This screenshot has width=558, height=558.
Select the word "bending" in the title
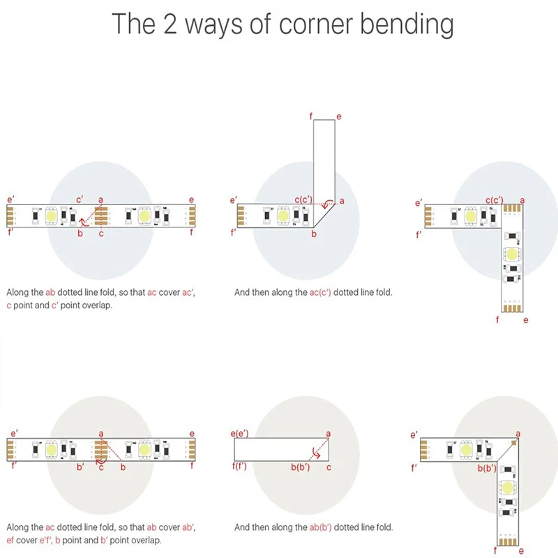(x=407, y=25)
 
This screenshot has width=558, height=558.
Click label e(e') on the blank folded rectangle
(x=239, y=434)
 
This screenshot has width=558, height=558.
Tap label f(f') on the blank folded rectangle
(x=239, y=466)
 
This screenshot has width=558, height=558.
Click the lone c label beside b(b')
(x=329, y=466)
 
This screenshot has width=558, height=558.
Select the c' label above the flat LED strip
(x=80, y=200)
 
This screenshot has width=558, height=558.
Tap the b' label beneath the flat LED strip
(x=81, y=467)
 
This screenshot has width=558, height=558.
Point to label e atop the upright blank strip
(x=338, y=116)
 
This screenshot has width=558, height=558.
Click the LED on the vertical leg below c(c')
(x=513, y=254)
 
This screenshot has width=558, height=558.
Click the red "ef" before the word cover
(x=10, y=541)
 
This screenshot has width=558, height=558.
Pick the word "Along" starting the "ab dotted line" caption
(x=19, y=293)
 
